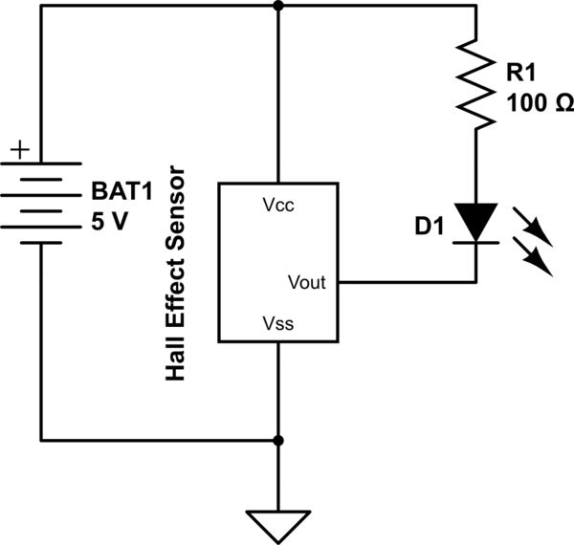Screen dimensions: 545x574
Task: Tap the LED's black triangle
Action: (475, 222)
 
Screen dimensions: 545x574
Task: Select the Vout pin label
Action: (307, 282)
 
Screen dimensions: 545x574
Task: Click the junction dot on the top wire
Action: (278, 6)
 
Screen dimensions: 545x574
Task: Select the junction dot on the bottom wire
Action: (278, 441)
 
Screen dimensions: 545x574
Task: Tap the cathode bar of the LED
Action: (475, 243)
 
